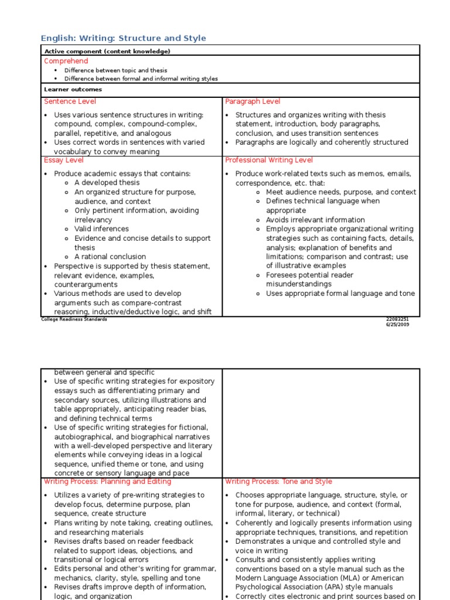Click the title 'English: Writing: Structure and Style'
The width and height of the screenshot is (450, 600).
pyautogui.click(x=124, y=38)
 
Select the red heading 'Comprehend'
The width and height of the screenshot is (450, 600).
pyautogui.click(x=66, y=61)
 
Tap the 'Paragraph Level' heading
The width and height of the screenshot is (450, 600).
pyautogui.click(x=253, y=101)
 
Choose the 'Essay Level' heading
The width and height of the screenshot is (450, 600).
pyautogui.click(x=64, y=160)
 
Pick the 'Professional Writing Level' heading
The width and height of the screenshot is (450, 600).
pyautogui.click(x=269, y=160)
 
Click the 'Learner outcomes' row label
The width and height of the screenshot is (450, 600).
pyautogui.click(x=73, y=90)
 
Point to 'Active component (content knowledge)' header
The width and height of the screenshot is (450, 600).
pyautogui.click(x=107, y=52)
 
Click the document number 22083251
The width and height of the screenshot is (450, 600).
pyautogui.click(x=397, y=319)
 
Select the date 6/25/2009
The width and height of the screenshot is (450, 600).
pyautogui.click(x=397, y=325)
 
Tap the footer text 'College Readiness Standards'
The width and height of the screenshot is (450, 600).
pyautogui.click(x=74, y=319)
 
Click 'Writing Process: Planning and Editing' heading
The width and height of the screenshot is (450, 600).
pyautogui.click(x=108, y=482)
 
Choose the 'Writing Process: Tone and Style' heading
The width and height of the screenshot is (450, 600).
pyautogui.click(x=278, y=482)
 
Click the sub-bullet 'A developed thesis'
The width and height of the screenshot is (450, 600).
pyautogui.click(x=107, y=183)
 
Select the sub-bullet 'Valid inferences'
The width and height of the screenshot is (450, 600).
pyautogui.click(x=101, y=229)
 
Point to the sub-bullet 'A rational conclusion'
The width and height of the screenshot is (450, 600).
pyautogui.click(x=110, y=257)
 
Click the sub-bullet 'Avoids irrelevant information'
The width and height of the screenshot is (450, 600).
pyautogui.click(x=315, y=220)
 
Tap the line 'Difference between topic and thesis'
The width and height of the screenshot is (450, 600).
pyautogui.click(x=115, y=70)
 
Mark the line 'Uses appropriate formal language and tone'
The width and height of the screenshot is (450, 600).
pyautogui.click(x=340, y=294)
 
